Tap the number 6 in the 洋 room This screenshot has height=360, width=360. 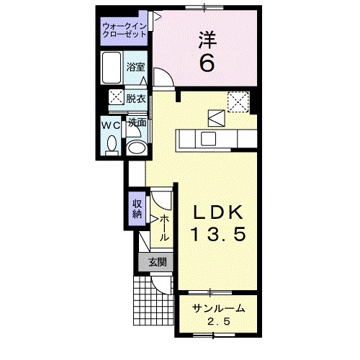coord(206,63)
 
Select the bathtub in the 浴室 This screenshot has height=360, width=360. coord(112,69)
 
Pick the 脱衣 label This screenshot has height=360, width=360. coord(136,99)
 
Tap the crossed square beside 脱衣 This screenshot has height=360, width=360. coord(115,99)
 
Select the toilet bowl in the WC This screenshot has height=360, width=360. coord(110,145)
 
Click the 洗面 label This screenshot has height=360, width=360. coord(137,122)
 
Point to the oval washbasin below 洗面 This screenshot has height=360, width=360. coord(136,148)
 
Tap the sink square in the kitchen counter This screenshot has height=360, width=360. coord(209,138)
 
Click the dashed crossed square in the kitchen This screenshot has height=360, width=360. coord(238,102)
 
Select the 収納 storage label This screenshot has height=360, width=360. coord(137,208)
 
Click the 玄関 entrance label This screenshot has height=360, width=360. coord(157,262)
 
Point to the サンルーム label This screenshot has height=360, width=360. coord(218,308)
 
